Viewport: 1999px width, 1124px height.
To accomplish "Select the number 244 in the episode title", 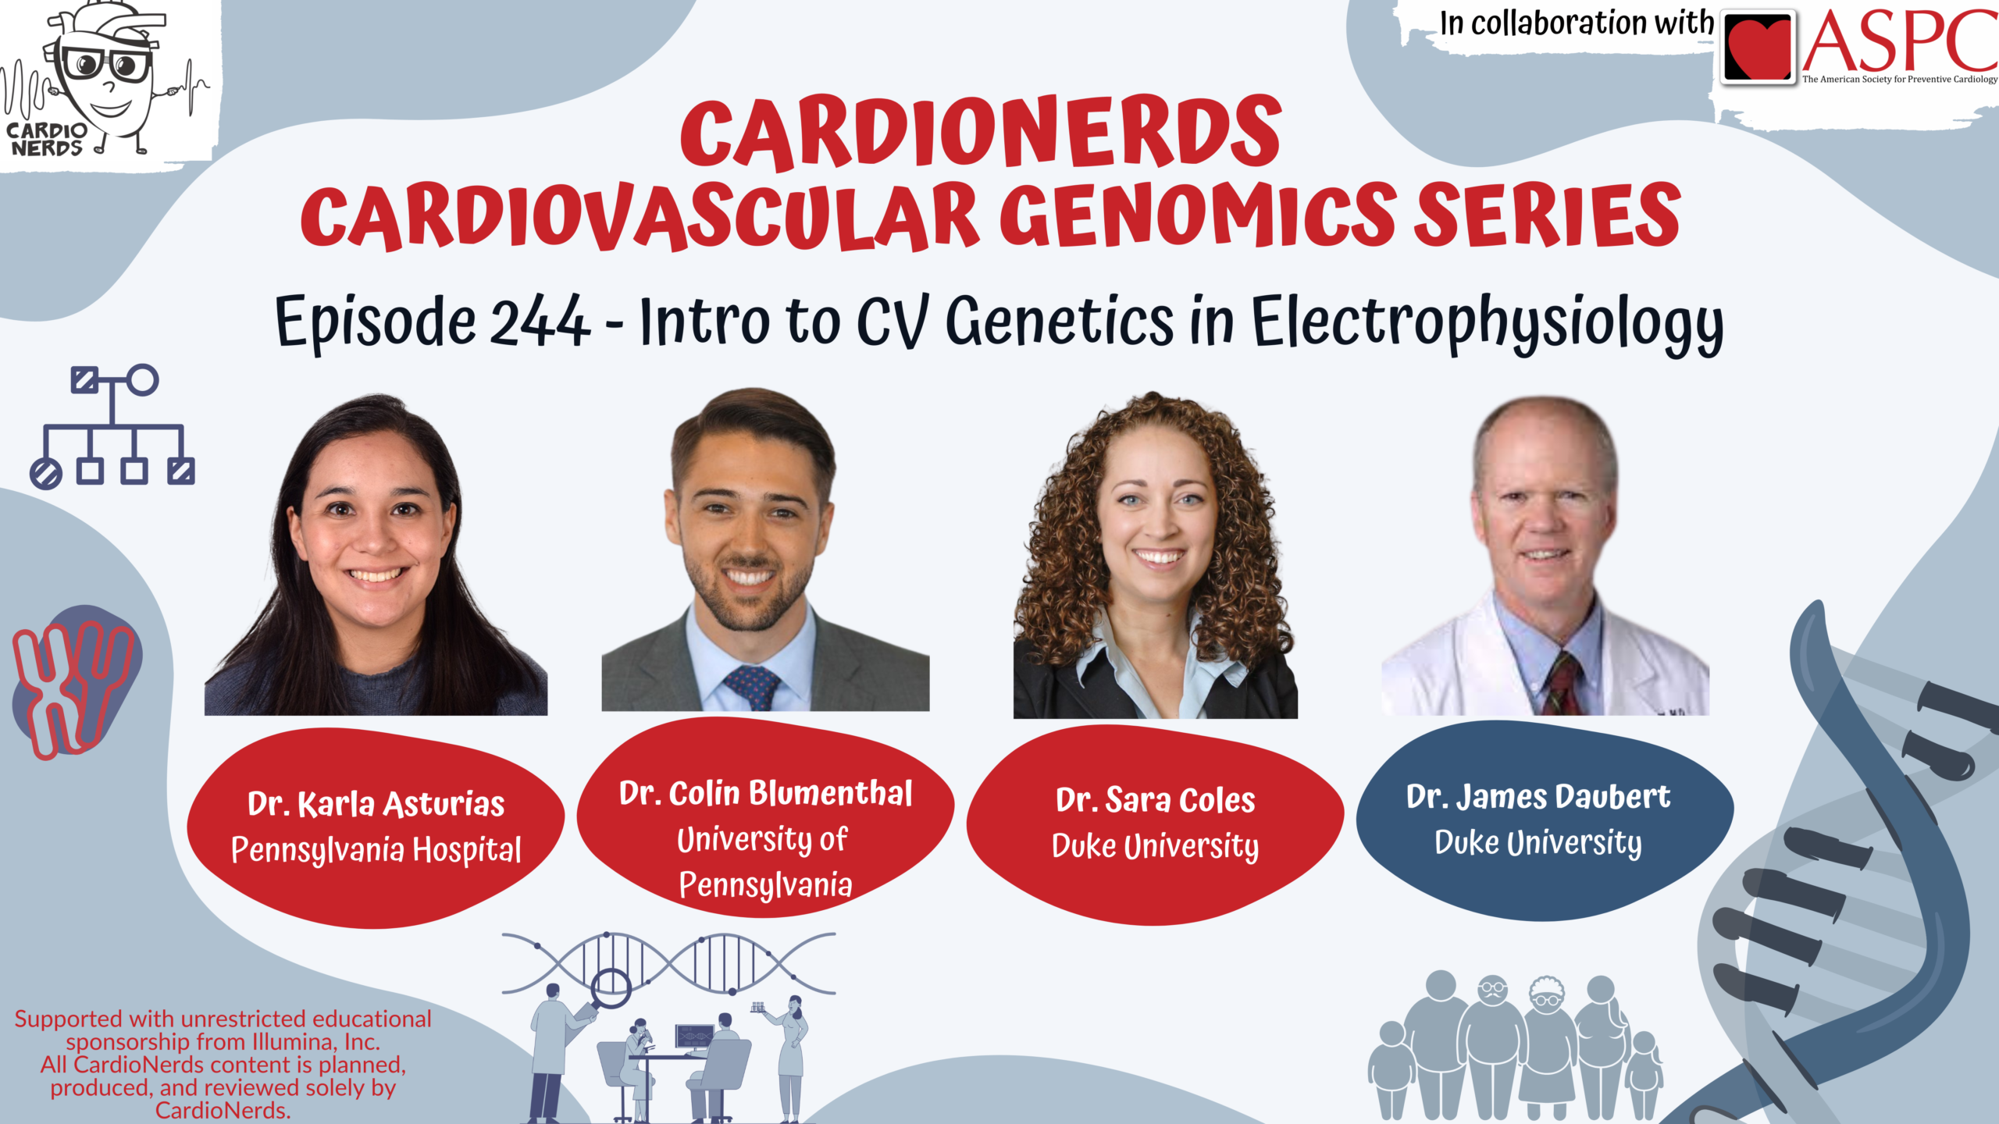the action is pos(540,320).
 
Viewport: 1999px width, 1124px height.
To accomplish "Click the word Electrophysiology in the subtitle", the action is pos(1488,323).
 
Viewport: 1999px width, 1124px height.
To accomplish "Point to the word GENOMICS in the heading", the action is pos(1198,215).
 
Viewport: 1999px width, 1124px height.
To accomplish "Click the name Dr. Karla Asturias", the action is pos(376,803).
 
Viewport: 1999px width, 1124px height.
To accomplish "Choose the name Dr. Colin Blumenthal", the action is pos(765,793).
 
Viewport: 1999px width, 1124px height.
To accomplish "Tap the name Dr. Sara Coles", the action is pos(1155,800).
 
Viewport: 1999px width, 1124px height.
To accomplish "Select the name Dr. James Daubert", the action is pos(1538,796).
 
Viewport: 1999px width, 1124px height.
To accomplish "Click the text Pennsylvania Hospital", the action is pos(376,850).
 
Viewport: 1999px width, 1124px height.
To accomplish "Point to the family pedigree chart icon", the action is pos(112,426).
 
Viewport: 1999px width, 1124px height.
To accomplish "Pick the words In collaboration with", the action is pos(1577,23).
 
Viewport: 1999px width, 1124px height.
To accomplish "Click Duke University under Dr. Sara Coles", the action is pos(1155,846).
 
